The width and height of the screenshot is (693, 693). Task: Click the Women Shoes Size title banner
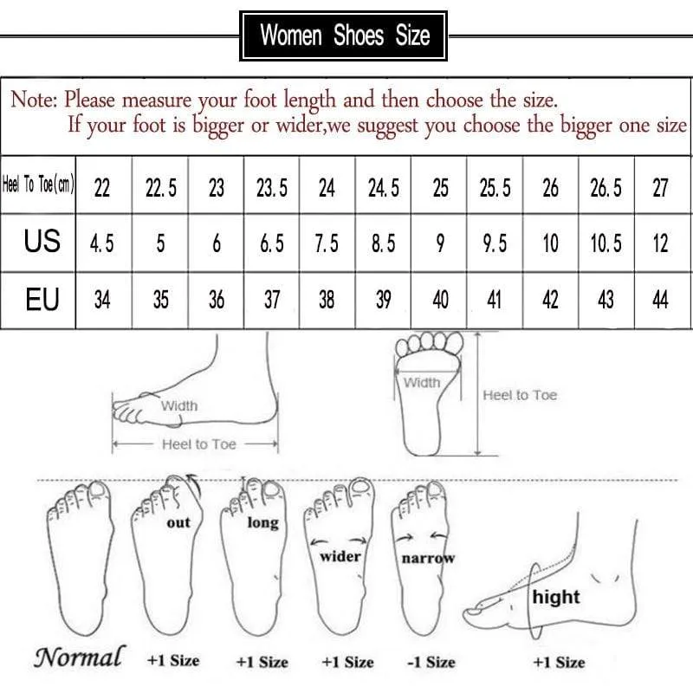click(345, 36)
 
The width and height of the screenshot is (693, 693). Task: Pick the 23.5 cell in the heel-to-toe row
click(272, 188)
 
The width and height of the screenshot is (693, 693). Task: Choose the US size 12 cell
click(660, 243)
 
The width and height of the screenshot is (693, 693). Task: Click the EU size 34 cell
click(102, 301)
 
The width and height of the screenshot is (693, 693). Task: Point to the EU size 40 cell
click(440, 301)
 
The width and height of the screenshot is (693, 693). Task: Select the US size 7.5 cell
click(327, 243)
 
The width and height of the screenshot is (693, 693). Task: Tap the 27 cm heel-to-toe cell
click(660, 188)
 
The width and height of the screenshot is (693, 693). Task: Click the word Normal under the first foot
click(78, 657)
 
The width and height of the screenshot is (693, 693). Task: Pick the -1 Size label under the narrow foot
click(431, 662)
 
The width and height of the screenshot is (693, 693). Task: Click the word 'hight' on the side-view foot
click(556, 597)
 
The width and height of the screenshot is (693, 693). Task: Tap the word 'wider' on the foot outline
click(340, 556)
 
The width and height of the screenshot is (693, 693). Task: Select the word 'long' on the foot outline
click(262, 522)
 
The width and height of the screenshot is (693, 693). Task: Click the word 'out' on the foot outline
click(178, 522)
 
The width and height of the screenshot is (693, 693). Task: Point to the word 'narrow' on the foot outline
click(428, 559)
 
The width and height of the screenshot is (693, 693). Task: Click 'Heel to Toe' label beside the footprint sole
click(520, 395)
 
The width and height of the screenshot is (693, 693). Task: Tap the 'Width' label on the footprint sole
click(422, 382)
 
